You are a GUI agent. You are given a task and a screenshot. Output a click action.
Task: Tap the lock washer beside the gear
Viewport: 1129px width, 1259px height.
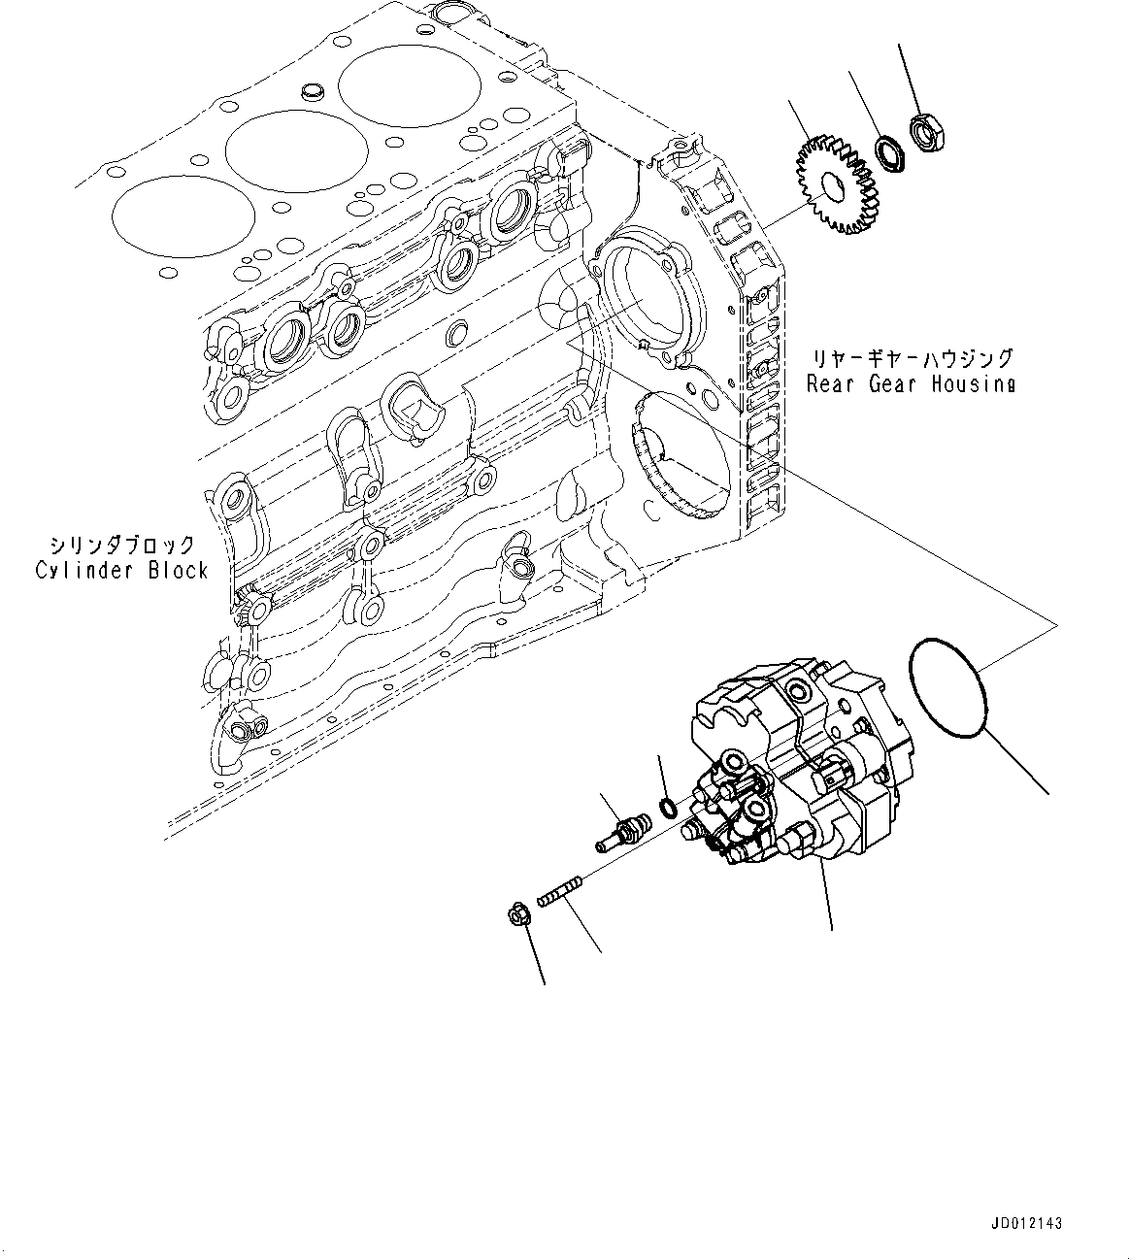pyautogui.click(x=888, y=154)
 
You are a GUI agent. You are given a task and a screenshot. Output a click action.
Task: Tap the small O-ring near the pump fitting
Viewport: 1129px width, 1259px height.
pyautogui.click(x=668, y=805)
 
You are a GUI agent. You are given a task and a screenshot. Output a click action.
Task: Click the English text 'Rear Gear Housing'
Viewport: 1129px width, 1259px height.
pyautogui.click(x=911, y=383)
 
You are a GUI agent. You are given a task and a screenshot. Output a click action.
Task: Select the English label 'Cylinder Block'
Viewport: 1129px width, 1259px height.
pyautogui.click(x=122, y=570)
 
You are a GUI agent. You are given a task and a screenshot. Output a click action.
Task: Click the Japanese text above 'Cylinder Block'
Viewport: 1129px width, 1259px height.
pyautogui.click(x=123, y=546)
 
